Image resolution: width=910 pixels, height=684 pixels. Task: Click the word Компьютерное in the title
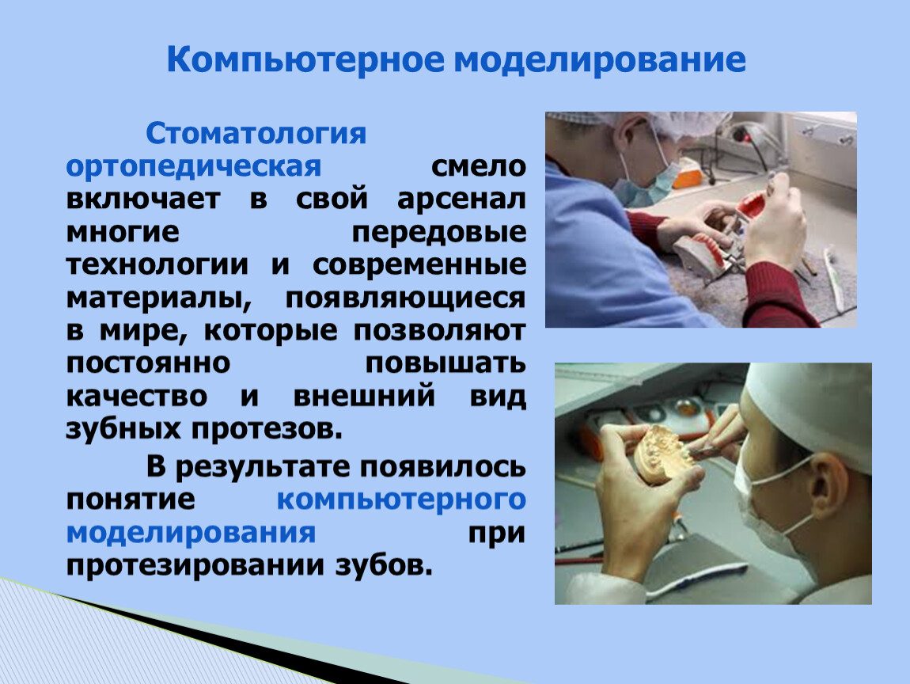tap(305, 61)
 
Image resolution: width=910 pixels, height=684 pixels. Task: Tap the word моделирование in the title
tap(600, 61)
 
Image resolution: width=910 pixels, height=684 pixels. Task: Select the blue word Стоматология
tap(256, 134)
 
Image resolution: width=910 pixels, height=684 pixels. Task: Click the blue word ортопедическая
tap(193, 167)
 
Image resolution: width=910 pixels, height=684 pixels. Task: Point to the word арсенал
tap(462, 199)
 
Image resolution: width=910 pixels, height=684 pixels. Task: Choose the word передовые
tap(439, 232)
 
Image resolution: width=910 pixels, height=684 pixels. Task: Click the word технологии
tap(157, 264)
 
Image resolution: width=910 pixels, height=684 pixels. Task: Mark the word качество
tap(137, 397)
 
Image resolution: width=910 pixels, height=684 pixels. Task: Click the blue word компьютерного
tap(402, 500)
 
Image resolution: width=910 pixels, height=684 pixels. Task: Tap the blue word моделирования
tap(191, 533)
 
